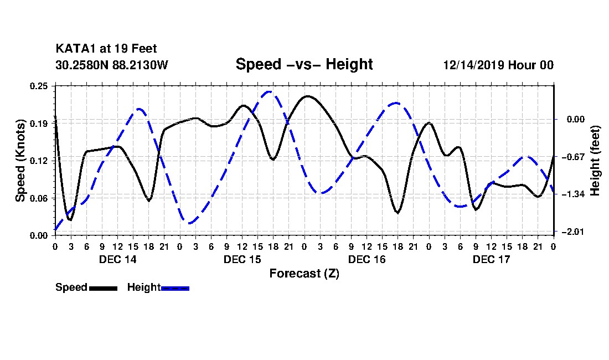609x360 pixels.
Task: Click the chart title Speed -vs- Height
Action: (x=304, y=64)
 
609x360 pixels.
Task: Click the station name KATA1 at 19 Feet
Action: (x=106, y=49)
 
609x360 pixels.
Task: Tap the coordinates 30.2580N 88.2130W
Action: (x=112, y=65)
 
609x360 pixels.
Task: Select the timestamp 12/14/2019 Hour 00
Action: (x=498, y=65)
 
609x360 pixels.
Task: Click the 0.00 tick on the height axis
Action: (x=576, y=119)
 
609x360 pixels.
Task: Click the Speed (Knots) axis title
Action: (x=20, y=161)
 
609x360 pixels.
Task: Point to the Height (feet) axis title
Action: (x=595, y=161)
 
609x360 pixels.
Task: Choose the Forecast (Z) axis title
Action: (x=304, y=274)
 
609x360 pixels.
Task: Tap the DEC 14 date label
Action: (x=118, y=259)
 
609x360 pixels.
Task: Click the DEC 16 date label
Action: (x=367, y=259)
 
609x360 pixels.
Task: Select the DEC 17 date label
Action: (x=491, y=259)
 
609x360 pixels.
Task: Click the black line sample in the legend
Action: (x=103, y=288)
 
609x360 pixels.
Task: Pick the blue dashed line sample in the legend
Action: (x=175, y=288)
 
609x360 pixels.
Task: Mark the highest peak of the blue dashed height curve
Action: (x=270, y=92)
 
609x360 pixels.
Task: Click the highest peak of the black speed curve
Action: (x=308, y=96)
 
